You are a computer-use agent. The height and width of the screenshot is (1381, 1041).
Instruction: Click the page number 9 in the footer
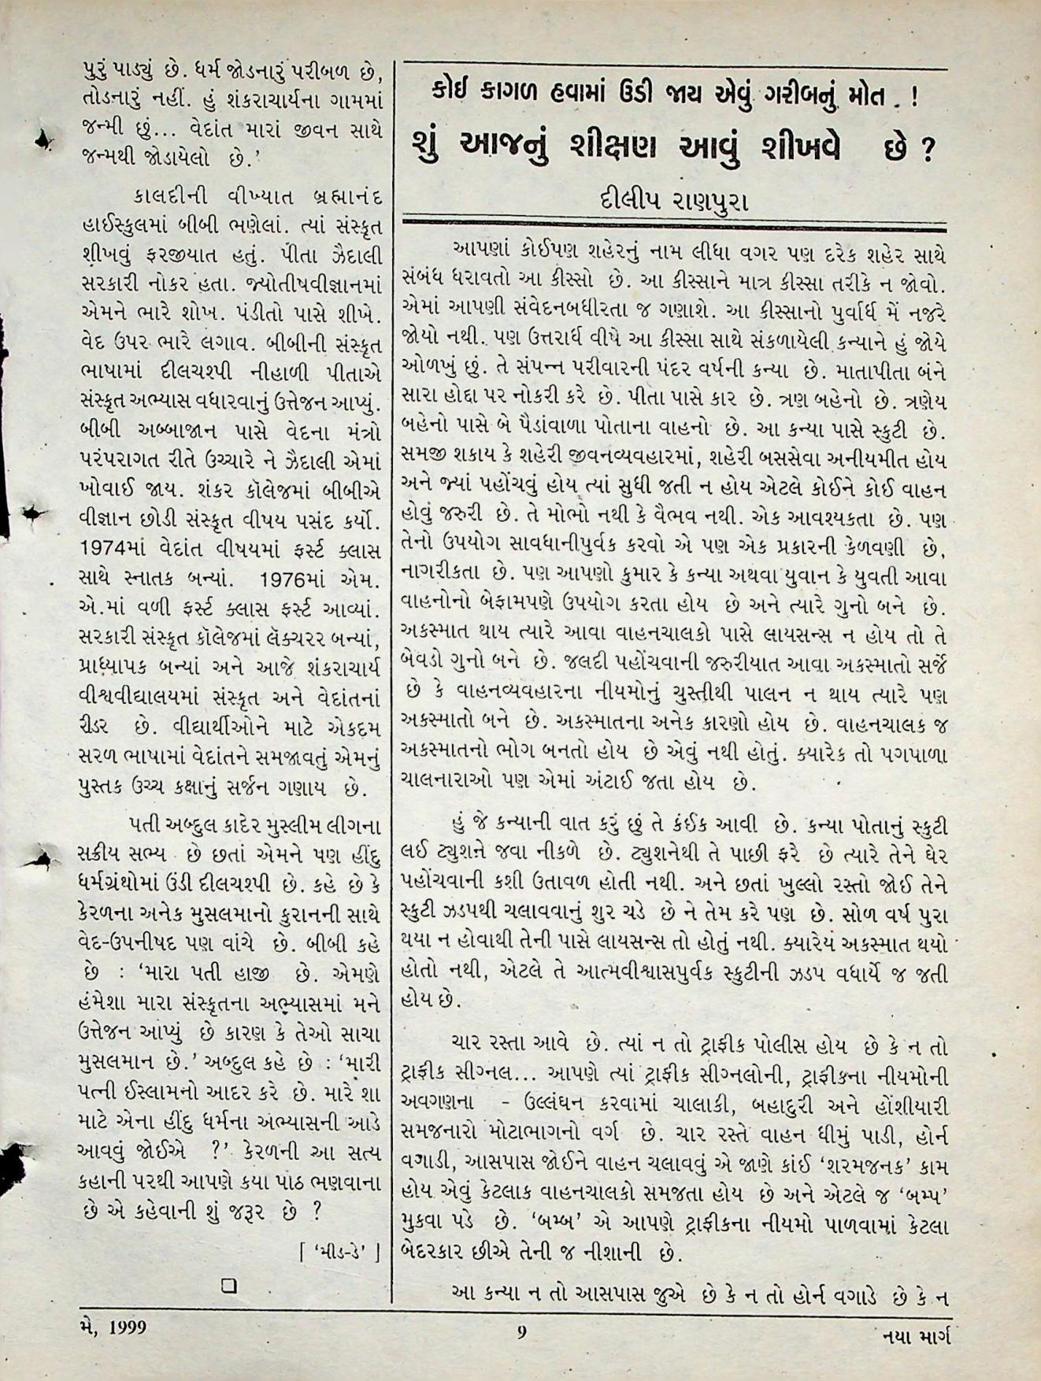(x=521, y=1332)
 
